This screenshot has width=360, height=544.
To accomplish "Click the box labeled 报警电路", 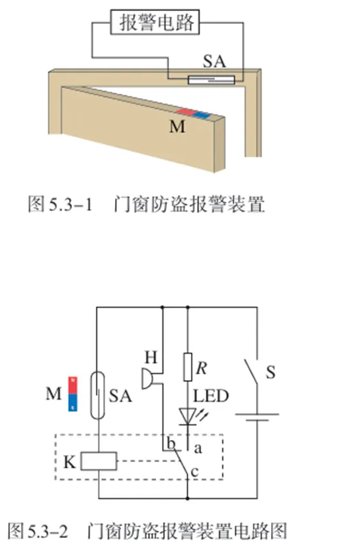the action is pyautogui.click(x=155, y=22).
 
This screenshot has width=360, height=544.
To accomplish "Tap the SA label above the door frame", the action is pyautogui.click(x=214, y=62).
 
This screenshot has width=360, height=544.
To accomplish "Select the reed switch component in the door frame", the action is pyautogui.click(x=211, y=80).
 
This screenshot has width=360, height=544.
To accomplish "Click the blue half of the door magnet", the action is pyautogui.click(x=202, y=115).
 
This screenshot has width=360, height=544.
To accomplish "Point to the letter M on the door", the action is pyautogui.click(x=177, y=127).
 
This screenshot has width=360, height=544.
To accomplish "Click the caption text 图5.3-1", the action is pyautogui.click(x=60, y=204).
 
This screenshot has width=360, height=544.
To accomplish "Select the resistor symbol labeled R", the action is pyautogui.click(x=188, y=367).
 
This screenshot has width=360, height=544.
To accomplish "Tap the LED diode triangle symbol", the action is pyautogui.click(x=188, y=416).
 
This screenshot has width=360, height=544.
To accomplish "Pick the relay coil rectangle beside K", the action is pyautogui.click(x=99, y=461).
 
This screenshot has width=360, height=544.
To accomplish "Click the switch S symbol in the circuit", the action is pyautogui.click(x=251, y=372).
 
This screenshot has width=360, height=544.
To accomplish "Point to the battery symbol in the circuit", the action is pyautogui.click(x=257, y=417).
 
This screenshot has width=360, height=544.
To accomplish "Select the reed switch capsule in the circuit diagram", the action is pyautogui.click(x=98, y=395).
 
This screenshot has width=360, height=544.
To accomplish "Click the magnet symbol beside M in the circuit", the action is pyautogui.click(x=73, y=393).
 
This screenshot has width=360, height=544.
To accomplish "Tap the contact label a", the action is pyautogui.click(x=198, y=449).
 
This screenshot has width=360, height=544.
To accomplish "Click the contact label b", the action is pyautogui.click(x=171, y=443).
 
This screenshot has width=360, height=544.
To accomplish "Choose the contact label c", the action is pyautogui.click(x=195, y=472).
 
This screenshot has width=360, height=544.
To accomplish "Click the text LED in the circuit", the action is pyautogui.click(x=211, y=396).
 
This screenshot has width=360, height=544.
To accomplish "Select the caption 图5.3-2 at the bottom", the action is pyautogui.click(x=38, y=531).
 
